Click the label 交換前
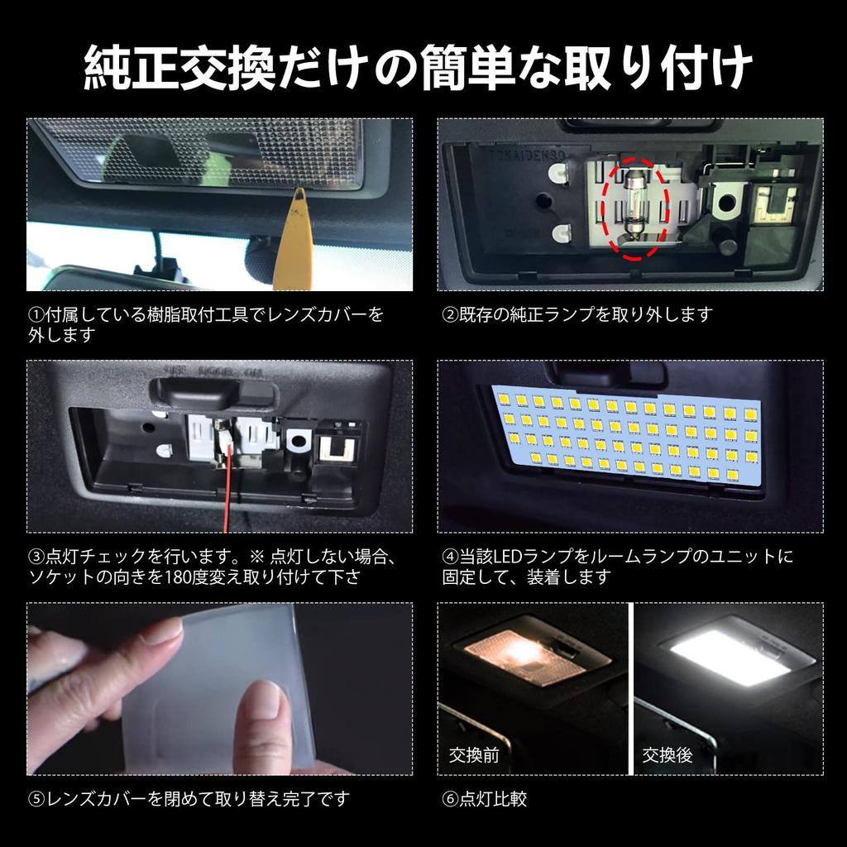pos(474,754)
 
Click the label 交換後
pos(668,754)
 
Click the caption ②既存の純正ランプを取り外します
pos(577,314)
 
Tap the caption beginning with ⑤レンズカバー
pos(189,799)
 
